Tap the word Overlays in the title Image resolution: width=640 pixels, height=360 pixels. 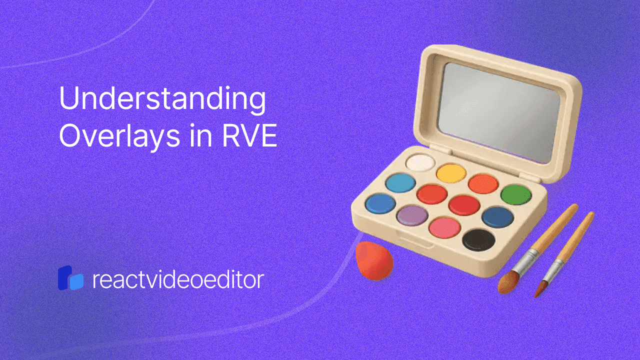click(119, 137)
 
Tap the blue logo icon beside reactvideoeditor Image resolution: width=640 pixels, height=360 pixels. click(70, 278)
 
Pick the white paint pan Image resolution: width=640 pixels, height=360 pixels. click(420, 162)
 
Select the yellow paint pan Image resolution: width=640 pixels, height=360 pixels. click(451, 173)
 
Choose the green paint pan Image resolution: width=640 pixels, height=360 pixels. click(516, 195)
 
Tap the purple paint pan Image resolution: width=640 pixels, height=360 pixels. click(411, 215)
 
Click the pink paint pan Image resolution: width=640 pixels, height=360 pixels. click(444, 227)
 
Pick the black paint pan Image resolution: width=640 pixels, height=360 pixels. click(478, 239)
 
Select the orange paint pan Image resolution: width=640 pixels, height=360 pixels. click(483, 183)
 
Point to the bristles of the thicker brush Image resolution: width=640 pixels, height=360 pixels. click(507, 282)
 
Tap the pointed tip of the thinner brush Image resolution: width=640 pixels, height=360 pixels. click(535, 297)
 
